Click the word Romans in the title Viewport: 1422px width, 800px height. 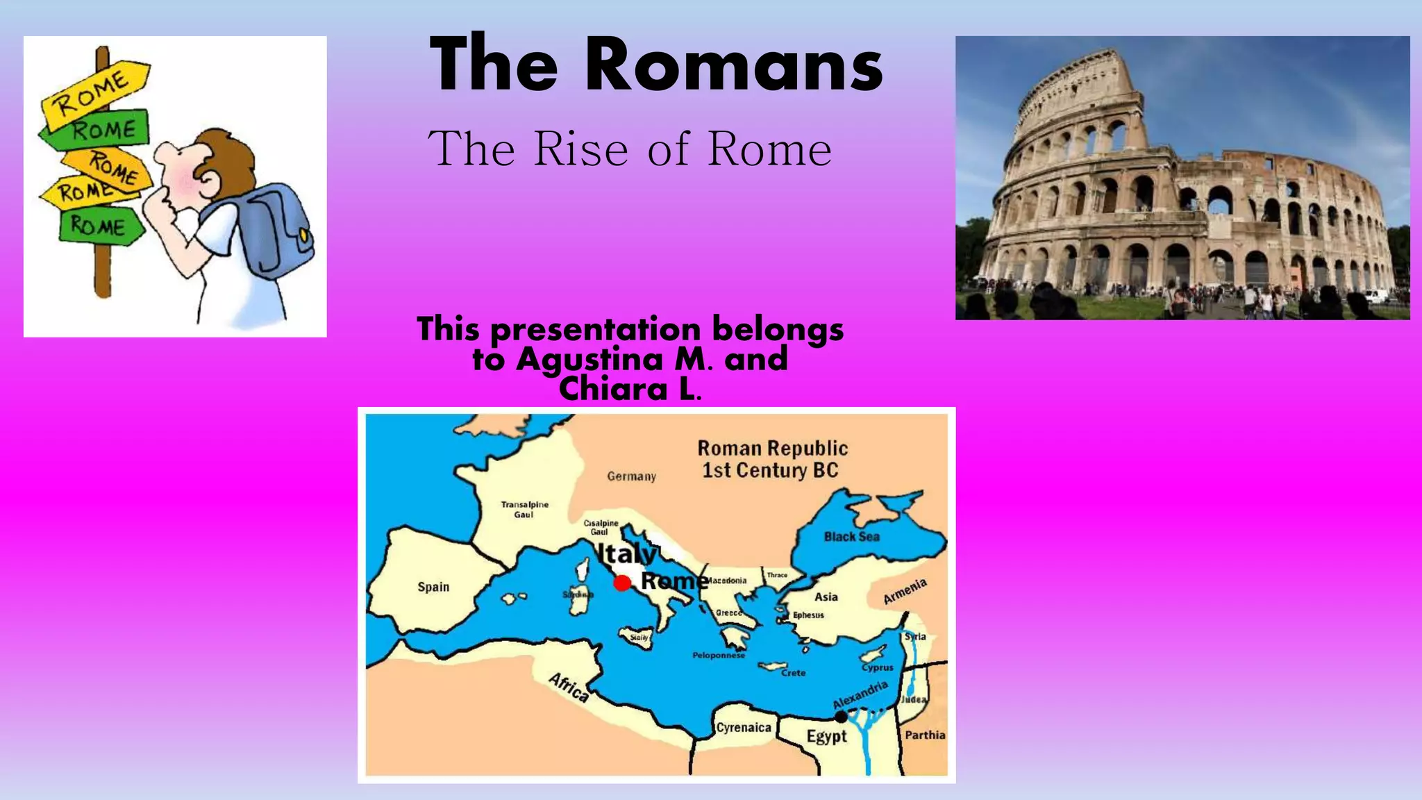tap(734, 65)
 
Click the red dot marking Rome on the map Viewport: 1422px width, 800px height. tap(622, 583)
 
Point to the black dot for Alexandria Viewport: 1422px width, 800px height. tap(841, 716)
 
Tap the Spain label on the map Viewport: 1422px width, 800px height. tap(433, 587)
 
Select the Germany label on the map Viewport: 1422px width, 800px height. tap(631, 476)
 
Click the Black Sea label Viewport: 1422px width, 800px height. tap(851, 536)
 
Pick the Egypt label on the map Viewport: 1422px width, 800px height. tap(826, 736)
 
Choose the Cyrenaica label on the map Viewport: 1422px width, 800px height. tap(744, 727)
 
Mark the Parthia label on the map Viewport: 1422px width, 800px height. tap(925, 735)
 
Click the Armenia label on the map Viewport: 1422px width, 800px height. tap(905, 591)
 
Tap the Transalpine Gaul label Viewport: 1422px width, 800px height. tap(524, 509)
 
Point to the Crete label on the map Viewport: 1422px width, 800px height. tap(793, 672)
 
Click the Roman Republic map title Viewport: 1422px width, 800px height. tap(771, 459)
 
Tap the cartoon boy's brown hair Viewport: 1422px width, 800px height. tap(222, 156)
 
